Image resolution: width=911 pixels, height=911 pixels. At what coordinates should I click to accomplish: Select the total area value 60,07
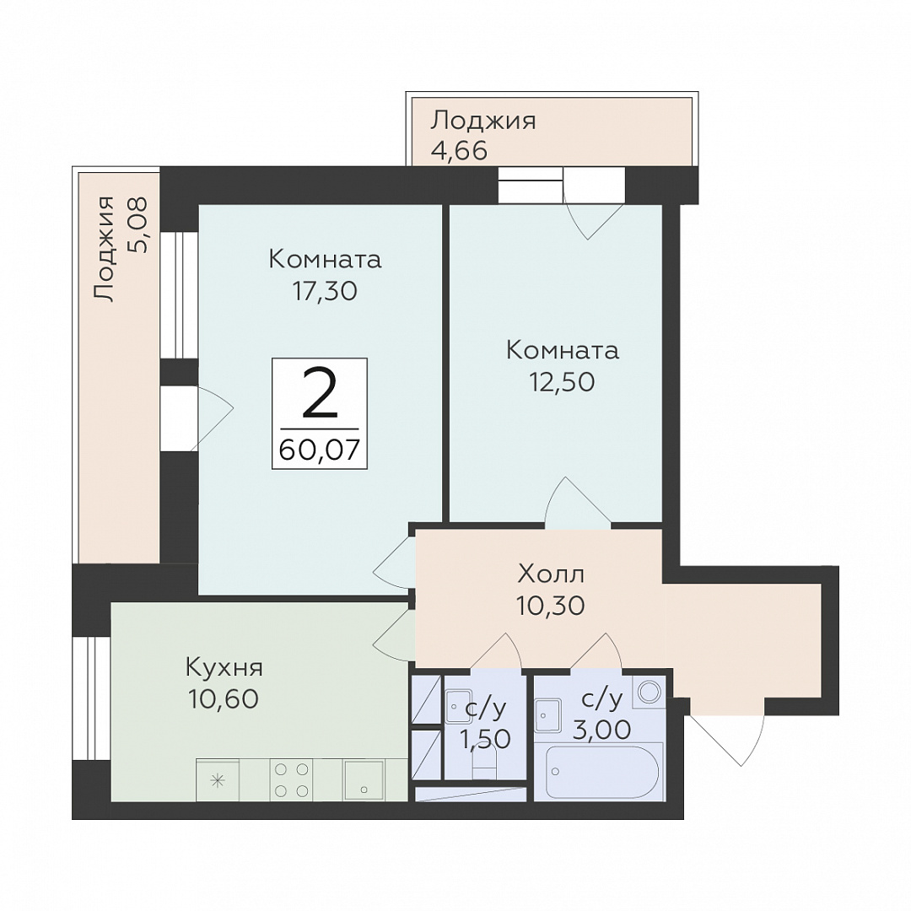coord(320,449)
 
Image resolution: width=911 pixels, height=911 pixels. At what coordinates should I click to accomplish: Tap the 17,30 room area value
coord(325,291)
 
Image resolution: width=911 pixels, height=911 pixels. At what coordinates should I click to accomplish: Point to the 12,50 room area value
coord(562,382)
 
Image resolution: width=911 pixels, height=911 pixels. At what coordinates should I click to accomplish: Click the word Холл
coord(550,574)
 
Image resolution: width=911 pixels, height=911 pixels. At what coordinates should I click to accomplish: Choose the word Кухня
coord(224,667)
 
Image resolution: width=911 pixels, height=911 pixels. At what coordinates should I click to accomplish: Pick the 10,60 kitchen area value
coord(223,699)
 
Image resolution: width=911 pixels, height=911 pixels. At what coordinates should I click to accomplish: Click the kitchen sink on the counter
coord(363,779)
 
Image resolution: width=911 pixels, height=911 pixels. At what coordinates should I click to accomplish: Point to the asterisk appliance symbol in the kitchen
coord(218,780)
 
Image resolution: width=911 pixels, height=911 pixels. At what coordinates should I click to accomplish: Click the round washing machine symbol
coord(649,692)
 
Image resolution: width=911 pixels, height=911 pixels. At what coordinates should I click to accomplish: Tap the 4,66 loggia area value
coord(458,151)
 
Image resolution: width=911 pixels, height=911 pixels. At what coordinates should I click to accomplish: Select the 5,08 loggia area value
coord(138,224)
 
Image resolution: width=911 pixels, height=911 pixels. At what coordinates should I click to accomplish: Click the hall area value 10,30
coord(550,606)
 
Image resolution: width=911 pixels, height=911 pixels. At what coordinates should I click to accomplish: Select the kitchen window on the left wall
coord(92,698)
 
